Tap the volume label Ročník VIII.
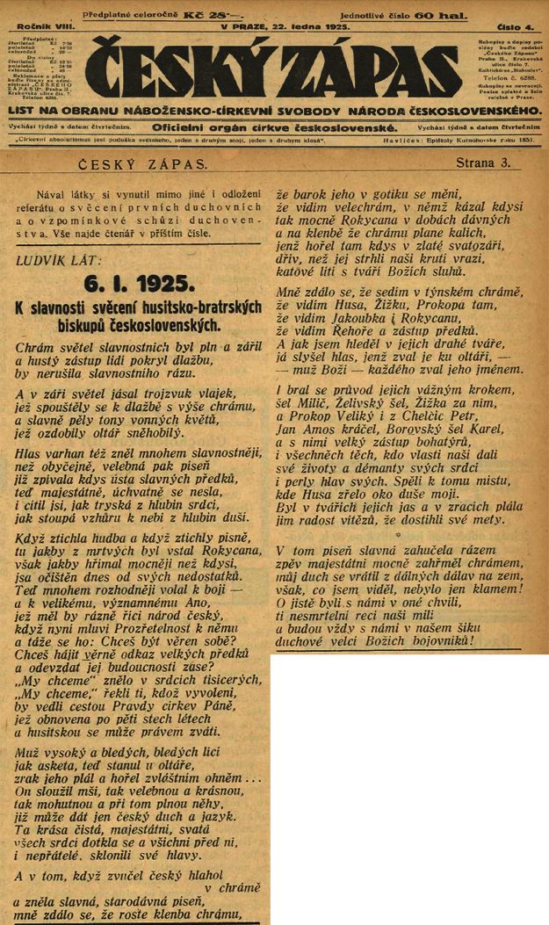pyautogui.click(x=47, y=27)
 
